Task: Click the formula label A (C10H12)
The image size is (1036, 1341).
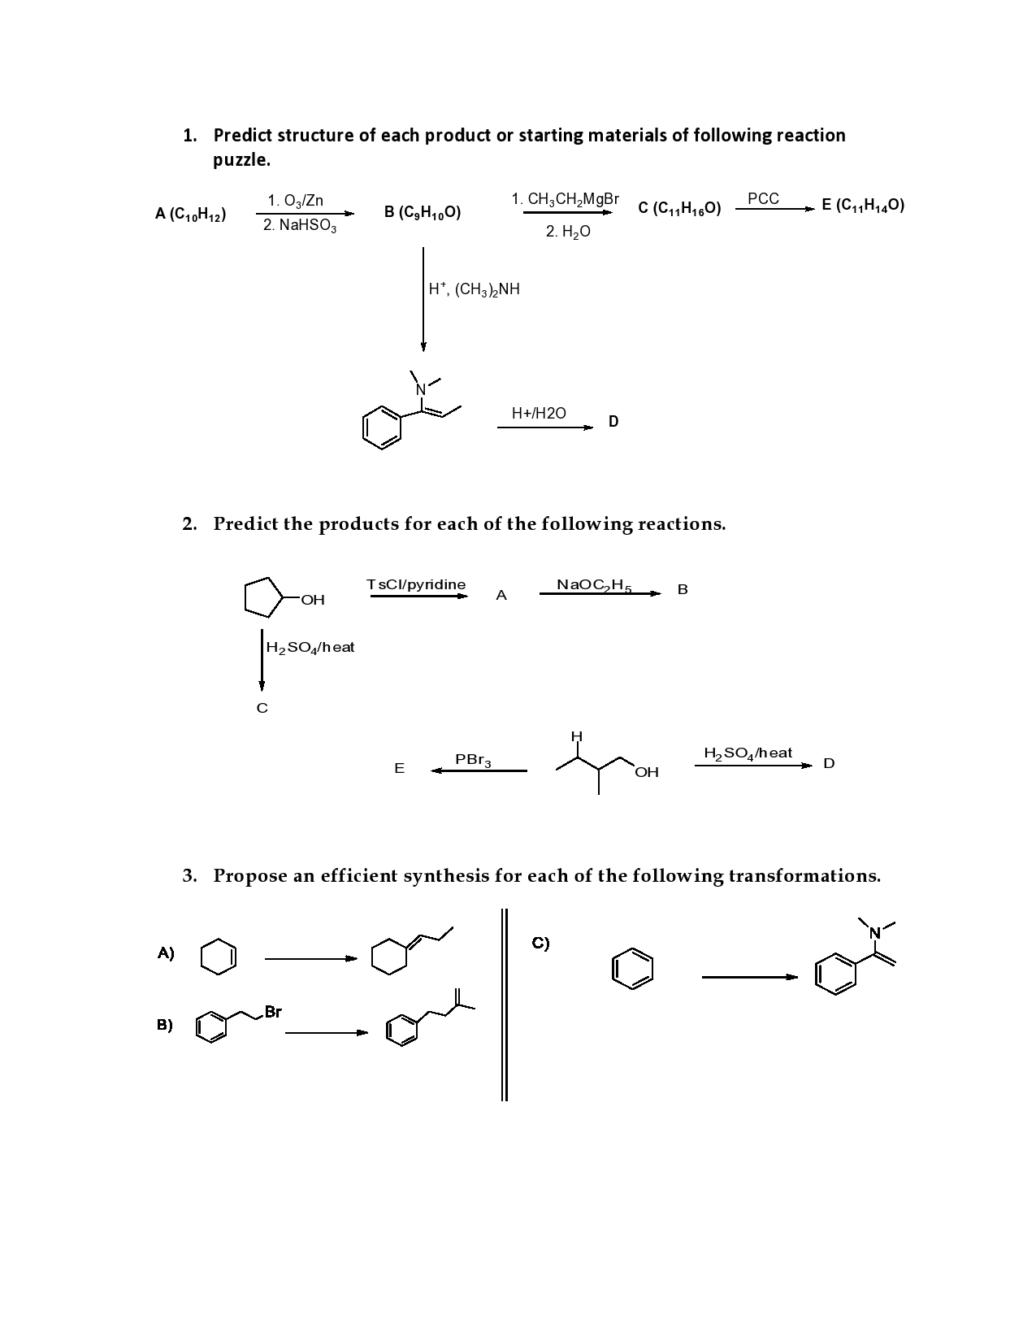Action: point(190,215)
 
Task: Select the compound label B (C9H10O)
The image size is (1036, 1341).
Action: point(422,213)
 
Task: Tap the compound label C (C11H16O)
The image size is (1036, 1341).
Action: point(679,209)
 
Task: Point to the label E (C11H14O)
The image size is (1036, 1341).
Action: point(863,205)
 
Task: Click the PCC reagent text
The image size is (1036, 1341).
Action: point(763,198)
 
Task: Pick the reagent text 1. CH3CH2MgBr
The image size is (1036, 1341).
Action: point(565,199)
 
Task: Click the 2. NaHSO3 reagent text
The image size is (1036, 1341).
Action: point(299,226)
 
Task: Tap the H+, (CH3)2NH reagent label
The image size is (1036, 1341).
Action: point(475,289)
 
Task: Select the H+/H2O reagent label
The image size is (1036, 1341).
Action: point(539,414)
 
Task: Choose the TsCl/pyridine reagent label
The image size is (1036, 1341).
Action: point(416,584)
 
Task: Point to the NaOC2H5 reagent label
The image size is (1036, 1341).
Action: point(594,584)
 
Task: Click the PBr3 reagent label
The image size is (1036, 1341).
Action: point(473,760)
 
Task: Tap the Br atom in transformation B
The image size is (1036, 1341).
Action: point(273,1012)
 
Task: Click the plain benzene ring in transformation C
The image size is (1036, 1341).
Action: point(632,969)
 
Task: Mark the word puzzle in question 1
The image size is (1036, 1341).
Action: point(241,160)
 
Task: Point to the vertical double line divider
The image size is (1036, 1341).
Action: point(505,1004)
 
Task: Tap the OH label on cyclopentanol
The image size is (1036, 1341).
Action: point(312,601)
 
